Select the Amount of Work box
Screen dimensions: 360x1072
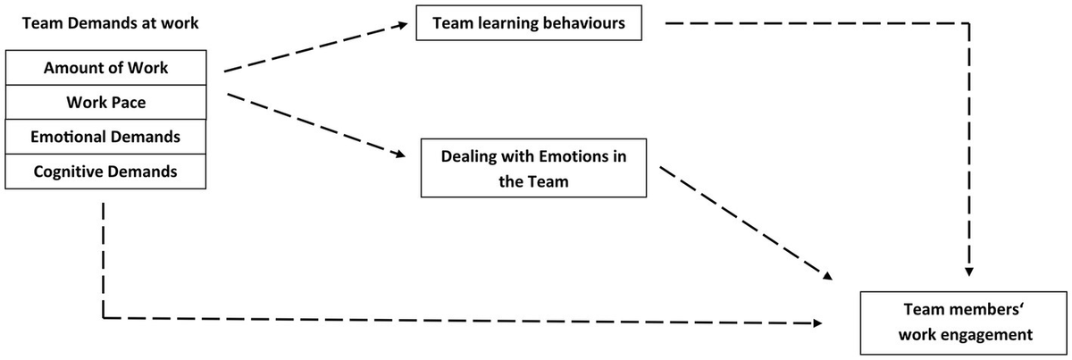tap(105, 68)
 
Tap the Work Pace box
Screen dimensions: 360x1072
tap(105, 103)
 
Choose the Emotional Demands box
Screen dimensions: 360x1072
tap(105, 137)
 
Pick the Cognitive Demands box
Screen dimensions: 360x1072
tap(105, 172)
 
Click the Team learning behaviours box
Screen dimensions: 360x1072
tap(530, 24)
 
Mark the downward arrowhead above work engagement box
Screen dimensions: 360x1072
tap(969, 271)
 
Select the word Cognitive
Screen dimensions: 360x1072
tap(66, 172)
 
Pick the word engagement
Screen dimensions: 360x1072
tap(987, 335)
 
